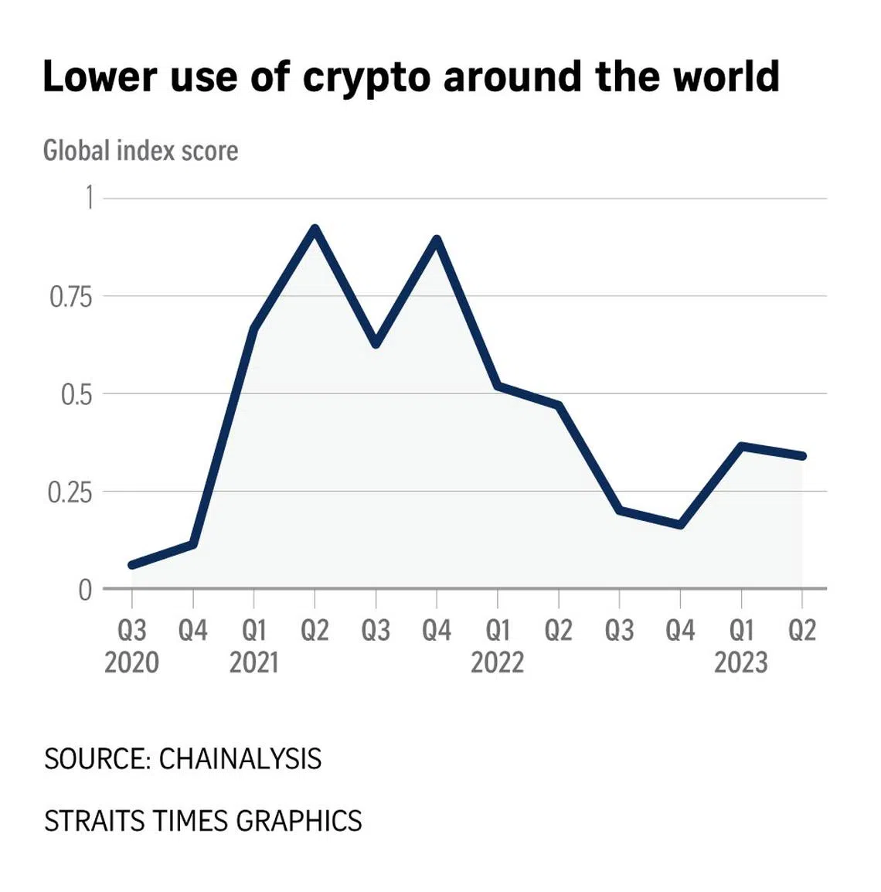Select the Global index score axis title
point(141,150)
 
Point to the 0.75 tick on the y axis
point(70,296)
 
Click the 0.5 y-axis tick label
point(76,394)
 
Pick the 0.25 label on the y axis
point(70,492)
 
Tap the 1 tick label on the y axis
point(89,198)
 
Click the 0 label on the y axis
point(85,590)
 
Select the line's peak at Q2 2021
point(315,229)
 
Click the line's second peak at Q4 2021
point(437,240)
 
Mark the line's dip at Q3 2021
point(376,343)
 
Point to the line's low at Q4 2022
point(680,525)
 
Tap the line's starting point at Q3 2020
point(132,565)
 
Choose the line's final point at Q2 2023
point(802,456)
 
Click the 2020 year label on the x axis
point(131,662)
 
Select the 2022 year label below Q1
point(497,662)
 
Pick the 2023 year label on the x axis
point(740,662)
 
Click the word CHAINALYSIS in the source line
point(240,759)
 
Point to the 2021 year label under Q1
point(253,662)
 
